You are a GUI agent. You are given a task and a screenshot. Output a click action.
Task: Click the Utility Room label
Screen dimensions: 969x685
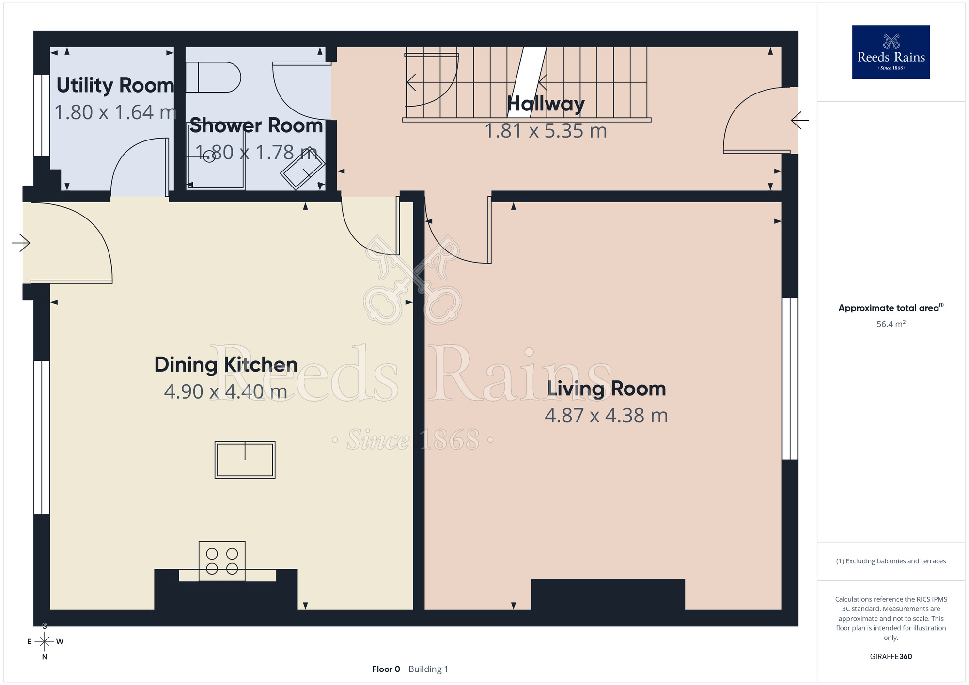(115, 86)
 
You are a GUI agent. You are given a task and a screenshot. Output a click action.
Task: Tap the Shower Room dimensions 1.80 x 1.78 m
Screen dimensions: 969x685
(257, 153)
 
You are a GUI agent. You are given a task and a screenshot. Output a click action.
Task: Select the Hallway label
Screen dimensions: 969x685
(546, 104)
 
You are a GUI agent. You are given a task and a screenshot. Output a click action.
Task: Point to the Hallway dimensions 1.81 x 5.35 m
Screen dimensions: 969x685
(546, 131)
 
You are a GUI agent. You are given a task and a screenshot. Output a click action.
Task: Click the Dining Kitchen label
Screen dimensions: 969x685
(226, 365)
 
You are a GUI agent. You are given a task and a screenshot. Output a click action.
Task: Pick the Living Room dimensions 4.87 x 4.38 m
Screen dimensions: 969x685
(606, 416)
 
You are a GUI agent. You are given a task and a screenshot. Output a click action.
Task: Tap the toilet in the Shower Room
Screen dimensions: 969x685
(213, 77)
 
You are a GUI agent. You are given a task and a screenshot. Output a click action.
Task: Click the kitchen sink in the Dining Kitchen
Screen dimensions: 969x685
(245, 460)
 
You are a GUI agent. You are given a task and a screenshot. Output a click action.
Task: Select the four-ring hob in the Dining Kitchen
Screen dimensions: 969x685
(222, 561)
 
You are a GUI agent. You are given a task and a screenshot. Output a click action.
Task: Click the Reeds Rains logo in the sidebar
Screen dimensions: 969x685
(891, 52)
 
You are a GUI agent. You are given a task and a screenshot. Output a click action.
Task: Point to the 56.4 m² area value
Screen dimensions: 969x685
(891, 324)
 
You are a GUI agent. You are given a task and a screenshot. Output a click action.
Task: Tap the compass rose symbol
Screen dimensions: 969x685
(45, 642)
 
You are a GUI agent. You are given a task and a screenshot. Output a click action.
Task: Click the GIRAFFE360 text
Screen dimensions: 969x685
(891, 657)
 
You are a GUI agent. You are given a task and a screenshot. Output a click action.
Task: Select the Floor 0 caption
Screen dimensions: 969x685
(386, 669)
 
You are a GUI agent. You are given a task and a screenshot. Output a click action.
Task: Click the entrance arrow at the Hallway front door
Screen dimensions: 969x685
(800, 120)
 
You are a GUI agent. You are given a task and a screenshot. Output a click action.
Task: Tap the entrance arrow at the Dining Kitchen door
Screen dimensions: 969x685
(21, 243)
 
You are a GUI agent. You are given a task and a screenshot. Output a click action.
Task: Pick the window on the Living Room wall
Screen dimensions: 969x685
(790, 379)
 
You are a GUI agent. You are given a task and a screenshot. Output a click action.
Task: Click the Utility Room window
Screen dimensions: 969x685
(42, 115)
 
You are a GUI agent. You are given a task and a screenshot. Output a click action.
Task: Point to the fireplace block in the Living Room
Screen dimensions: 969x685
(608, 594)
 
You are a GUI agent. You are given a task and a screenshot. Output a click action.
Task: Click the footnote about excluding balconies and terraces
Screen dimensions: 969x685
(891, 561)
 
